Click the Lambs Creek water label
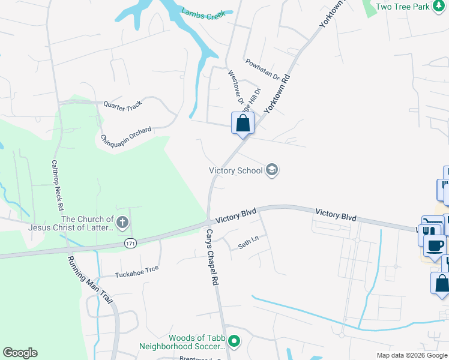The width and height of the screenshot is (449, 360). [x=203, y=13]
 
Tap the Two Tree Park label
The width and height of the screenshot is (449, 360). [x=403, y=7]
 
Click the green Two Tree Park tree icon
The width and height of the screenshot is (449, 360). [x=441, y=7]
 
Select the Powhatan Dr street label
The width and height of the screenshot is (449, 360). [x=262, y=70]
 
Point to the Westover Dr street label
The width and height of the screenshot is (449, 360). [x=236, y=88]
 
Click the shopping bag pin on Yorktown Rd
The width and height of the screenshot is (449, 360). [x=243, y=124]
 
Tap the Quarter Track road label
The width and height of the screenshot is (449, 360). [x=122, y=104]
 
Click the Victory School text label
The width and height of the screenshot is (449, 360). [x=236, y=170]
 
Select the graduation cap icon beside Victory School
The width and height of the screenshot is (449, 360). [x=272, y=170]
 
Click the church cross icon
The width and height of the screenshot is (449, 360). [x=122, y=224]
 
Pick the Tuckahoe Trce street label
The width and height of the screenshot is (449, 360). [x=137, y=272]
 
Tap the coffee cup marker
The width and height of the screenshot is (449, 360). [x=434, y=245]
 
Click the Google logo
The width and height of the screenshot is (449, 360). [x=20, y=353]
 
